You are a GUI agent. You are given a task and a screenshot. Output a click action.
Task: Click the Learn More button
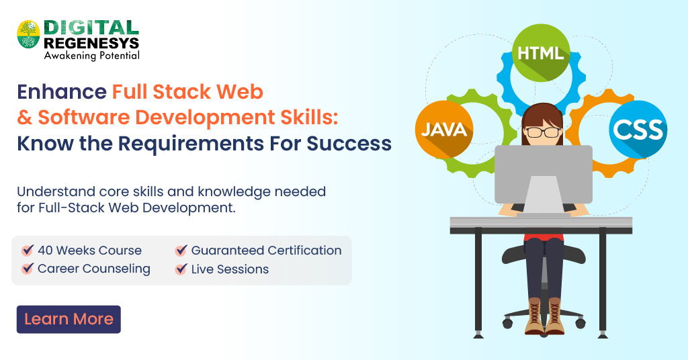[x=69, y=319]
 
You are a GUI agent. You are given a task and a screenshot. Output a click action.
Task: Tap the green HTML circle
[x=541, y=52]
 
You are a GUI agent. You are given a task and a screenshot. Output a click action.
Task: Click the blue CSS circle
[x=638, y=129]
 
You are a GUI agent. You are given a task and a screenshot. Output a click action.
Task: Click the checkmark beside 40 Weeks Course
[x=28, y=251]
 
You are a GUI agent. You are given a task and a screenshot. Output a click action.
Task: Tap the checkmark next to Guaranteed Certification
[x=181, y=251]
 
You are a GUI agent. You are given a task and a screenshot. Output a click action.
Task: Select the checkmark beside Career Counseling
[x=28, y=269]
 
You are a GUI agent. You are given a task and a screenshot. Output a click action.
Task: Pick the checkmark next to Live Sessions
[x=181, y=269]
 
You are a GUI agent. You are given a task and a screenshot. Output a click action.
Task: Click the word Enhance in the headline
[x=61, y=91]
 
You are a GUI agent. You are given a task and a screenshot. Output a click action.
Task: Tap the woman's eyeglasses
[x=543, y=132]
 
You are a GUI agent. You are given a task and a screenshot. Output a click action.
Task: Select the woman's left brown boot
[x=533, y=316]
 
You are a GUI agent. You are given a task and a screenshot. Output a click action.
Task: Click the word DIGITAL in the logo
[x=91, y=28]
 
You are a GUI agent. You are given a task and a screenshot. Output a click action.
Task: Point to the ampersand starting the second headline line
[x=25, y=118]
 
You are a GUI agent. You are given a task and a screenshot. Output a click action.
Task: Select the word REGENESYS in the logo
[x=91, y=42]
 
